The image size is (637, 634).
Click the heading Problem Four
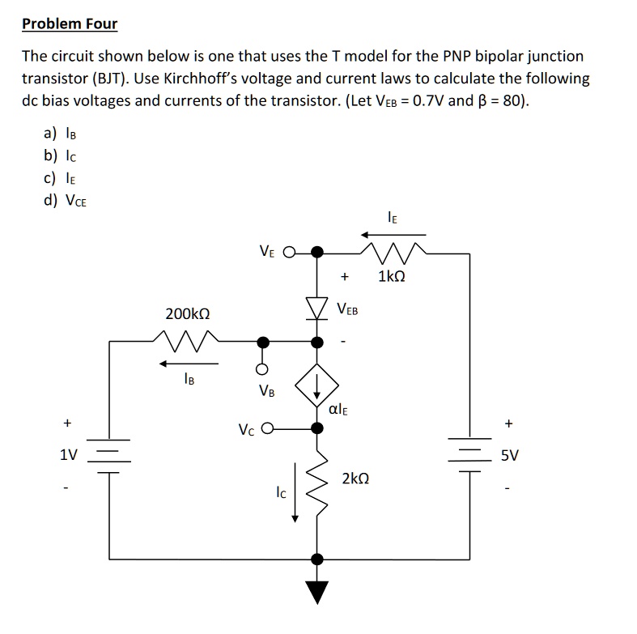70,23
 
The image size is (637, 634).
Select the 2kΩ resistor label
356,479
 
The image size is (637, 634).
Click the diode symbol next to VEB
318,308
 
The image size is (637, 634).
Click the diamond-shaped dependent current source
318,389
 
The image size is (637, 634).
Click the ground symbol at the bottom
318,592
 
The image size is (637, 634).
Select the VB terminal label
266,390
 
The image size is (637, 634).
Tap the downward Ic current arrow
295,491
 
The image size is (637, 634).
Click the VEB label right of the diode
348,309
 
